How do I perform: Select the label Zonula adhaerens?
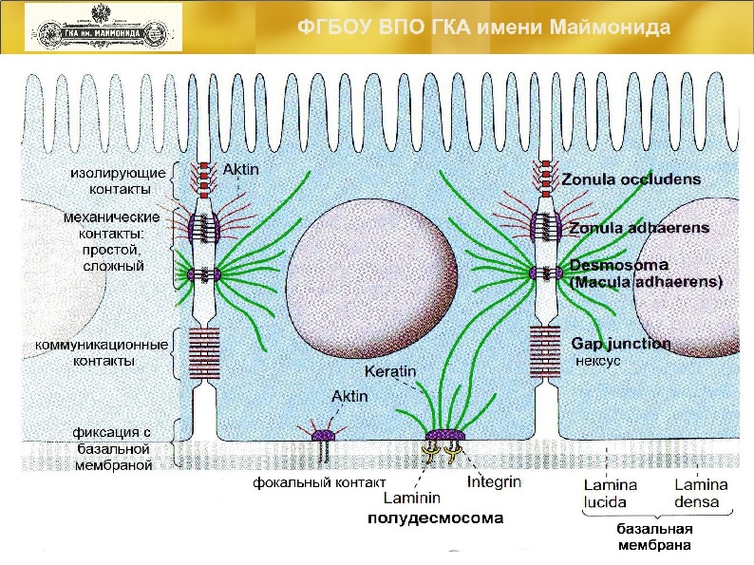pos(638,229)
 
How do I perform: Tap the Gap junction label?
pos(620,343)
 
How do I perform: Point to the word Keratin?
pos(389,371)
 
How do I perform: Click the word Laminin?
pos(409,497)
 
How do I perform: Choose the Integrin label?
pos(495,482)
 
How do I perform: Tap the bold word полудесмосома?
pos(435,518)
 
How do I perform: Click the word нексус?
pos(598,362)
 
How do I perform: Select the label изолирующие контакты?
pos(120,179)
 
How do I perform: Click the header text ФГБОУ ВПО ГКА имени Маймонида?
pos(484,27)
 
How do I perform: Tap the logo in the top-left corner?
pos(103,27)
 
